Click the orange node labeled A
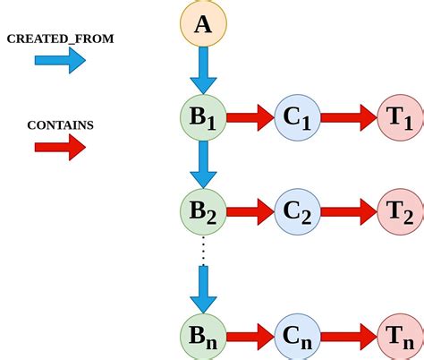coord(203,24)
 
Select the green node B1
coord(203,117)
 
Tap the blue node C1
coord(298,117)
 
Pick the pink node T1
coord(399,117)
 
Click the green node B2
coord(203,212)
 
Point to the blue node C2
coord(298,212)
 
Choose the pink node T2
coord(399,212)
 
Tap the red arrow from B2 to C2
coord(250,212)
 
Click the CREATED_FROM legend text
coord(60,39)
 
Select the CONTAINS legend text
coord(60,124)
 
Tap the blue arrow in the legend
coord(60,61)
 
